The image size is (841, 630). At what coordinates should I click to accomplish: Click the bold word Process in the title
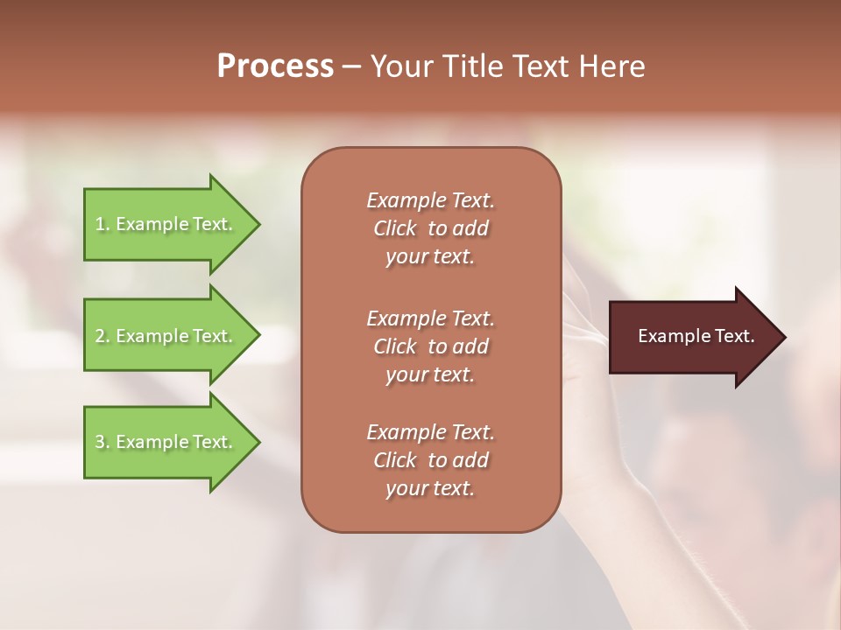coord(275,66)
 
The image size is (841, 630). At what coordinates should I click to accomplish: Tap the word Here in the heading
coord(612,66)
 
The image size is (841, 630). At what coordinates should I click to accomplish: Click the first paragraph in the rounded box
coord(430,228)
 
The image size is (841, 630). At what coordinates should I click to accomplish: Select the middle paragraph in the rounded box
coord(430,346)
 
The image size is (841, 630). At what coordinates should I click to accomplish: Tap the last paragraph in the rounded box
coord(430,460)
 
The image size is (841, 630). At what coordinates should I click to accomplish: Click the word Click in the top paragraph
coord(395,228)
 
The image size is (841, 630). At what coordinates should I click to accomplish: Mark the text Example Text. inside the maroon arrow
coord(696,336)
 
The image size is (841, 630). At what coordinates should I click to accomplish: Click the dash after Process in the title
coord(352,67)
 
